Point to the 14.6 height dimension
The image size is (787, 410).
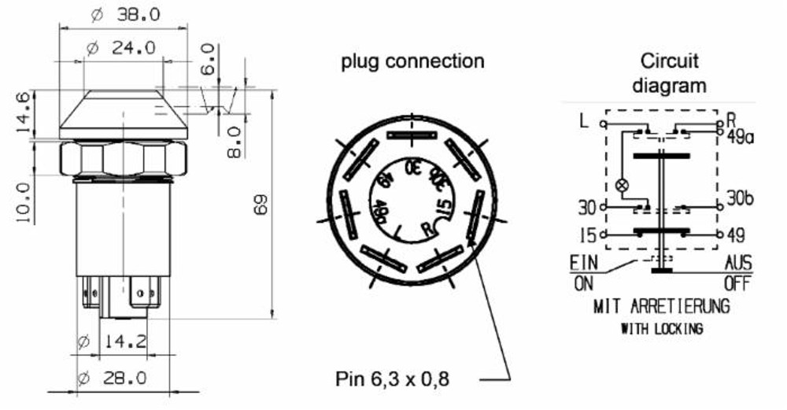[x=23, y=112]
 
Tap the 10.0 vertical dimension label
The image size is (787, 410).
[x=23, y=202]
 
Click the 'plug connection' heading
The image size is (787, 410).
[x=412, y=61]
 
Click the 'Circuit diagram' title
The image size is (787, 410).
[x=669, y=72]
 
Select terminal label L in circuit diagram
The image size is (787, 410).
[x=583, y=122]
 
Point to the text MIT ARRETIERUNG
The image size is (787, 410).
[x=661, y=305]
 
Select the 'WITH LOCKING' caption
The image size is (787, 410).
[x=661, y=329]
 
